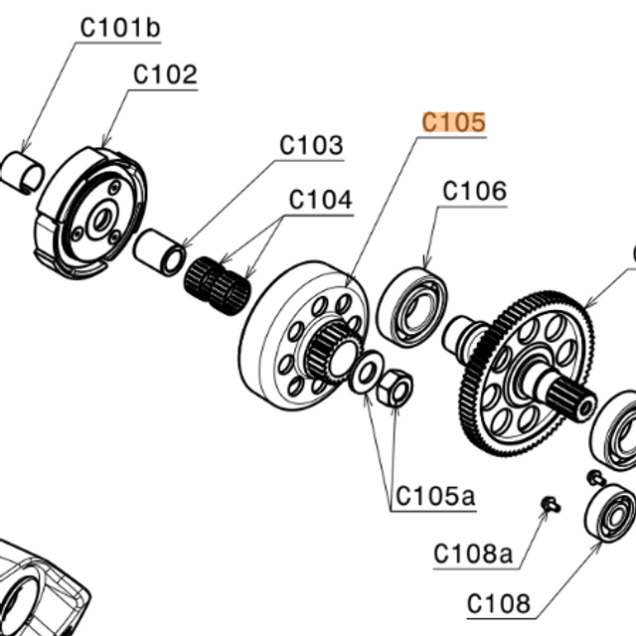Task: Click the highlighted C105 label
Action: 454,122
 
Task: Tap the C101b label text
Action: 119,28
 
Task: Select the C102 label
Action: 165,75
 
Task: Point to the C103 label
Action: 311,146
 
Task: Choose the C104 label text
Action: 320,200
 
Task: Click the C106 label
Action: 474,191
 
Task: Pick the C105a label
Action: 434,495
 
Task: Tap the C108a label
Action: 473,554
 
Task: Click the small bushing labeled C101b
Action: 21,171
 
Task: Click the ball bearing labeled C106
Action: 411,306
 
